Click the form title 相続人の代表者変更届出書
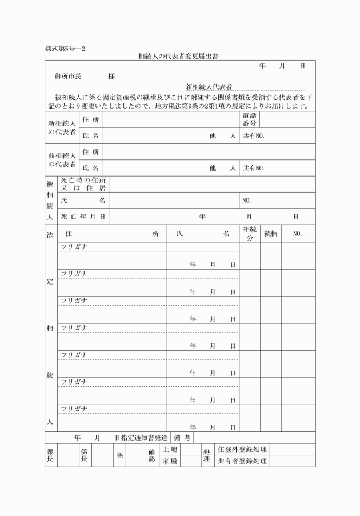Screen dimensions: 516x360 coord(179,57)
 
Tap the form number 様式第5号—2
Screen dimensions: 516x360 coord(65,48)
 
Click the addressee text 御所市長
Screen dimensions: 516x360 coord(69,76)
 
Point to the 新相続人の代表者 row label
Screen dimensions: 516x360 coord(62,127)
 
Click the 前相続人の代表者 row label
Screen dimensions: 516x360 coord(62,159)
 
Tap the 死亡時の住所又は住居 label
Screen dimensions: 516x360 coord(83,184)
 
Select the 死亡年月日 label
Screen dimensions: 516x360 coord(83,217)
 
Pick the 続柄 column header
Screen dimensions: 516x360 coord(270,234)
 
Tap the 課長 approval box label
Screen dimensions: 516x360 coord(50,455)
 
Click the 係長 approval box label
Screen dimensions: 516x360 coord(84,455)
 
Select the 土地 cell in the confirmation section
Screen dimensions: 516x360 coord(170,450)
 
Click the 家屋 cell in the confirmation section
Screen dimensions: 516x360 coord(170,461)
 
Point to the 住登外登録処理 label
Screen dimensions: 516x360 coord(242,450)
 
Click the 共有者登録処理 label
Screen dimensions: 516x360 coord(242,461)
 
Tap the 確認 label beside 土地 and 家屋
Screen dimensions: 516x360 coord(151,455)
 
